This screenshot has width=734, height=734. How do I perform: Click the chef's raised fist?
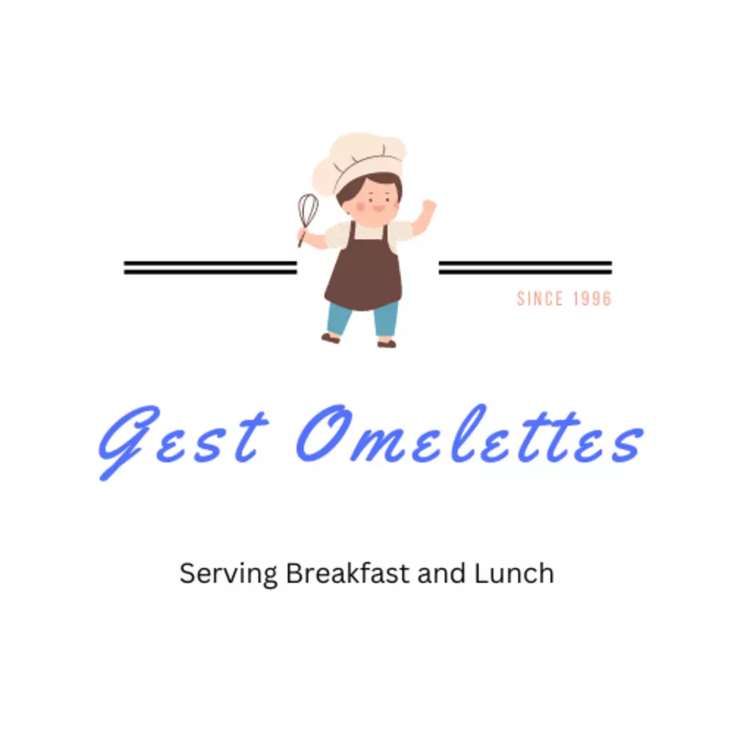(429, 206)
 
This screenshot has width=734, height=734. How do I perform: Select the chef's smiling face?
(377, 201)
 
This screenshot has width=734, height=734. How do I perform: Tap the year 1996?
(593, 298)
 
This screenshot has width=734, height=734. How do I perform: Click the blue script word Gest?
(183, 440)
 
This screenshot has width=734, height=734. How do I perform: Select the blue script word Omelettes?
(470, 436)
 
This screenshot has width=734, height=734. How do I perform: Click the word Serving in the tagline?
(228, 574)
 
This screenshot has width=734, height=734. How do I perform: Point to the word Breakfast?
(347, 573)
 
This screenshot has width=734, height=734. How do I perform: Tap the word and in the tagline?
(441, 573)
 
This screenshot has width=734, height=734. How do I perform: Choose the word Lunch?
(514, 573)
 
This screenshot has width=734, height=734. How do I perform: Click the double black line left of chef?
(210, 268)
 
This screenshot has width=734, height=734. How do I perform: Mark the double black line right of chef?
(525, 268)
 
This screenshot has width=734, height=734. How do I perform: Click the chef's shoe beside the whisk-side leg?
(331, 338)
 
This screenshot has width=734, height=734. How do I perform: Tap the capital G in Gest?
(129, 440)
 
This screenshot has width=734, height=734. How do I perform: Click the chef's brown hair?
(368, 188)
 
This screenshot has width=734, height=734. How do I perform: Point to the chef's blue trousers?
(363, 318)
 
